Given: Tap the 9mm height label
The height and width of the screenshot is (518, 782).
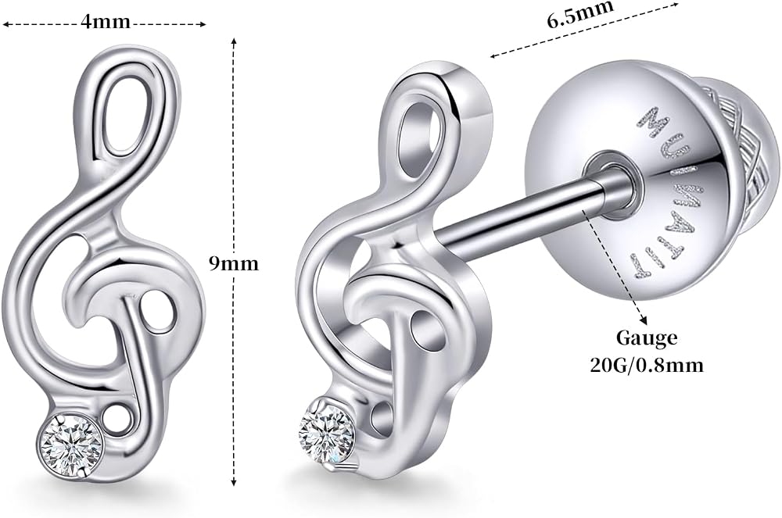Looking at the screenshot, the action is pos(234,263).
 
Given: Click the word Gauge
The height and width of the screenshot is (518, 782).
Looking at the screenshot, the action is pos(647,339).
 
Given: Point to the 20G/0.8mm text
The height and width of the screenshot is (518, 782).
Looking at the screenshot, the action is pos(647,366).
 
